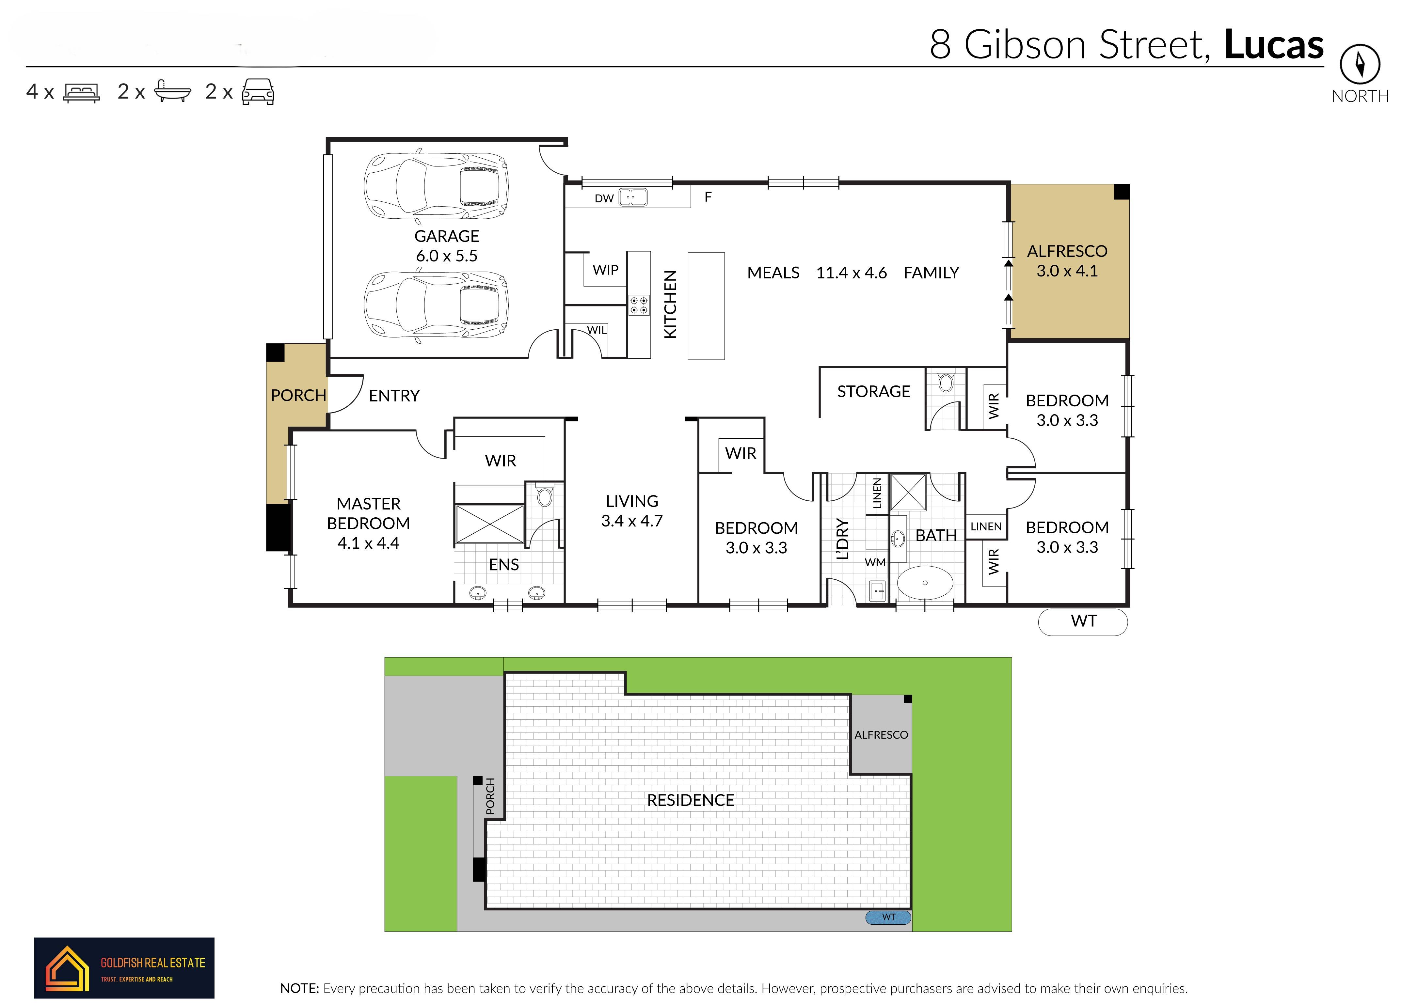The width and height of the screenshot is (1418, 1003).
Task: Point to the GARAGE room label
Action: [x=447, y=236]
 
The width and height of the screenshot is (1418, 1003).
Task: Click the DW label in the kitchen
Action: [x=604, y=198]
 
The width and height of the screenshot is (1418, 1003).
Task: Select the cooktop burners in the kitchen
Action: [x=639, y=305]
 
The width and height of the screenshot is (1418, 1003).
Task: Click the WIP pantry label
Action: [x=606, y=270]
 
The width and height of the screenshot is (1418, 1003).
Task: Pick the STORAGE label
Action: [x=874, y=392]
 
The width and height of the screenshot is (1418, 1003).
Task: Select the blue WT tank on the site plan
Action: [x=888, y=917]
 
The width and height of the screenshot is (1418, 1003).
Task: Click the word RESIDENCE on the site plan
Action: [x=691, y=800]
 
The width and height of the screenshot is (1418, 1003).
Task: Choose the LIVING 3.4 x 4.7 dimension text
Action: [x=632, y=521]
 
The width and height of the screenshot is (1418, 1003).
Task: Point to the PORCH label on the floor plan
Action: [x=298, y=395]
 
